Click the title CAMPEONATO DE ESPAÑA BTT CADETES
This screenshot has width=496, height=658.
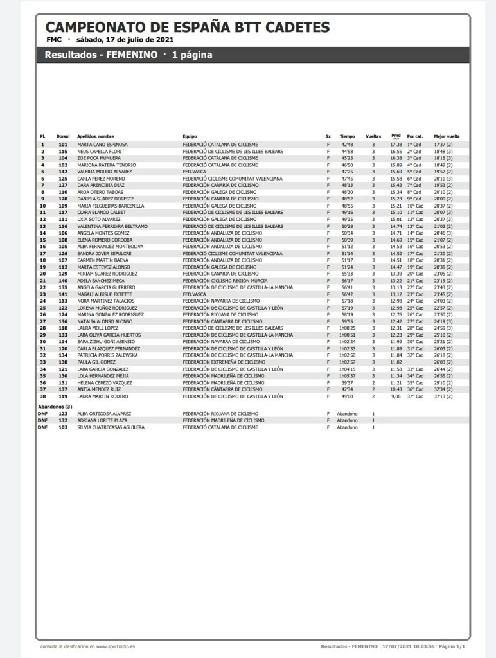pyautogui.click(x=188, y=28)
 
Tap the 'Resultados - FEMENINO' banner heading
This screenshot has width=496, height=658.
pyautogui.click(x=101, y=55)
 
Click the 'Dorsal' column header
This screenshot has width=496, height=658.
pyautogui.click(x=63, y=136)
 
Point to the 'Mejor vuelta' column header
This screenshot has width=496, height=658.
pyautogui.click(x=447, y=136)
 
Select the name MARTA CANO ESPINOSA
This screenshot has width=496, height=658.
pyautogui.click(x=102, y=145)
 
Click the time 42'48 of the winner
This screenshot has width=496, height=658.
pyautogui.click(x=347, y=145)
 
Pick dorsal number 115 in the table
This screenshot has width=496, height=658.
pyautogui.click(x=63, y=152)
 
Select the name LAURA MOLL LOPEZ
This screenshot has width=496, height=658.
pyautogui.click(x=98, y=328)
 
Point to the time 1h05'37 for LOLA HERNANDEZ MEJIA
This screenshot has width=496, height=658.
pyautogui.click(x=348, y=376)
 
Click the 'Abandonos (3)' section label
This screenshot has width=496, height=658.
pyautogui.click(x=55, y=407)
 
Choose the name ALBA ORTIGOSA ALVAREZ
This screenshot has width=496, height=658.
pyautogui.click(x=104, y=414)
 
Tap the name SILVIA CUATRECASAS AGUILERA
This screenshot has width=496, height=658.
pyautogui.click(x=111, y=427)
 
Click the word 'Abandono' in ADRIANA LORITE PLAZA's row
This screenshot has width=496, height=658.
pyautogui.click(x=347, y=420)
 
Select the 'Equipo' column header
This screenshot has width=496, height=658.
pyautogui.click(x=190, y=136)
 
